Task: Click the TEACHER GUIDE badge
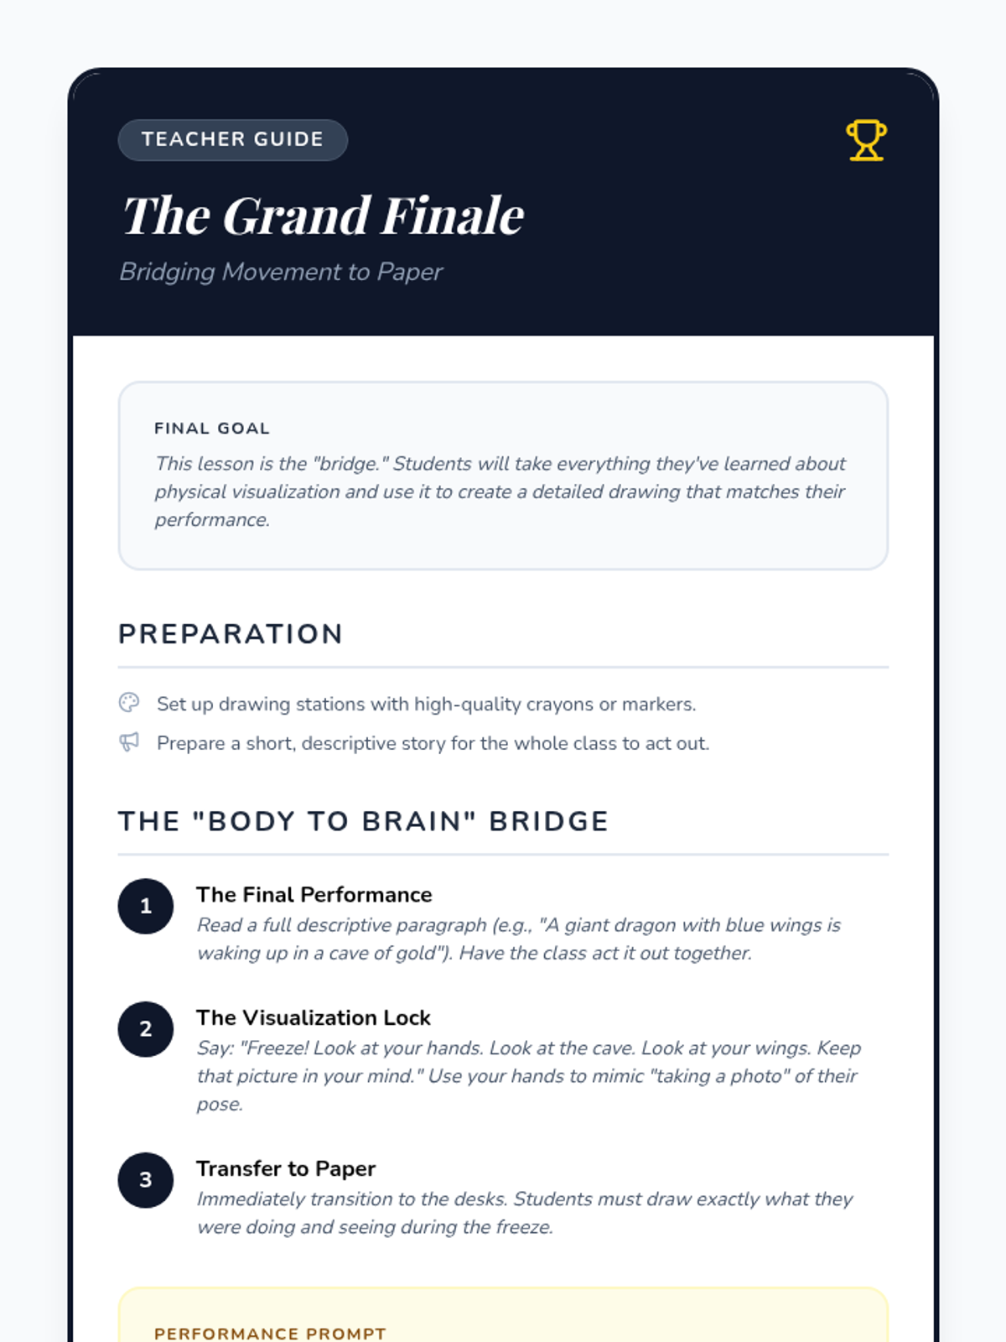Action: tap(232, 139)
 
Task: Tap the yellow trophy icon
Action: tap(866, 140)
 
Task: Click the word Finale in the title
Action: tap(453, 216)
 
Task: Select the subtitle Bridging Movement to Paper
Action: tap(281, 272)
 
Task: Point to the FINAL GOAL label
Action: tap(212, 429)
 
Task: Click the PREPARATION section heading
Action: tap(231, 634)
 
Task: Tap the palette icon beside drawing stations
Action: tap(129, 703)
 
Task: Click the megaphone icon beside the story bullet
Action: tap(129, 742)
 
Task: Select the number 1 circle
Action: tap(146, 906)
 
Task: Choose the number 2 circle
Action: tap(146, 1029)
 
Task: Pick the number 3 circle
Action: tap(146, 1180)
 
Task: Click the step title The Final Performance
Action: tap(314, 895)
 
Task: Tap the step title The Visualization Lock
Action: tap(314, 1018)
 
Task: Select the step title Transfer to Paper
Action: tap(286, 1169)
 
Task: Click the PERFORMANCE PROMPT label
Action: tap(270, 1333)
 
